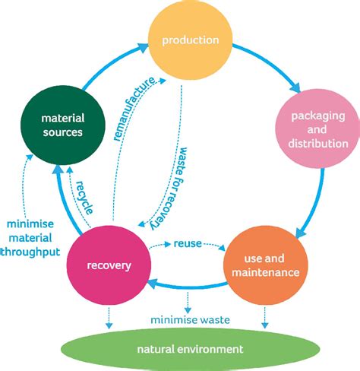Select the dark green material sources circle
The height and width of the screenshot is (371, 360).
point(63,125)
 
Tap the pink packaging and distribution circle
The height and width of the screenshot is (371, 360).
point(317,128)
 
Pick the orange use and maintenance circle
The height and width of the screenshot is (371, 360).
point(266,265)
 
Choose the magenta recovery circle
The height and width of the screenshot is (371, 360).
point(109,265)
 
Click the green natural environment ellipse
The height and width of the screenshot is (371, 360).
point(190,349)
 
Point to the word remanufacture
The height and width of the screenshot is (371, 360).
point(134,109)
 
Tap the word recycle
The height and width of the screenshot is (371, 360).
point(85,197)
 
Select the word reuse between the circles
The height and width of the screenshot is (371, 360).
point(188,244)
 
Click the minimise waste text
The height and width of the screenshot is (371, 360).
point(190,320)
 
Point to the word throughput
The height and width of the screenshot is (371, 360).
point(30,252)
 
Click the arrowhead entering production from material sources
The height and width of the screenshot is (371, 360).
point(144,48)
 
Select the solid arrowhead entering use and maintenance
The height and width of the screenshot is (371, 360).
point(300,233)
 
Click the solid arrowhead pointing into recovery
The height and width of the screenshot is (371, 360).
point(153,284)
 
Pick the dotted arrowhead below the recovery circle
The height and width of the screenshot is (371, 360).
point(109,325)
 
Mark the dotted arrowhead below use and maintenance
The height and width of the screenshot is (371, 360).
point(265,325)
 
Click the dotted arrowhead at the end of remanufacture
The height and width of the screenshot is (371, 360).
point(163,81)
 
